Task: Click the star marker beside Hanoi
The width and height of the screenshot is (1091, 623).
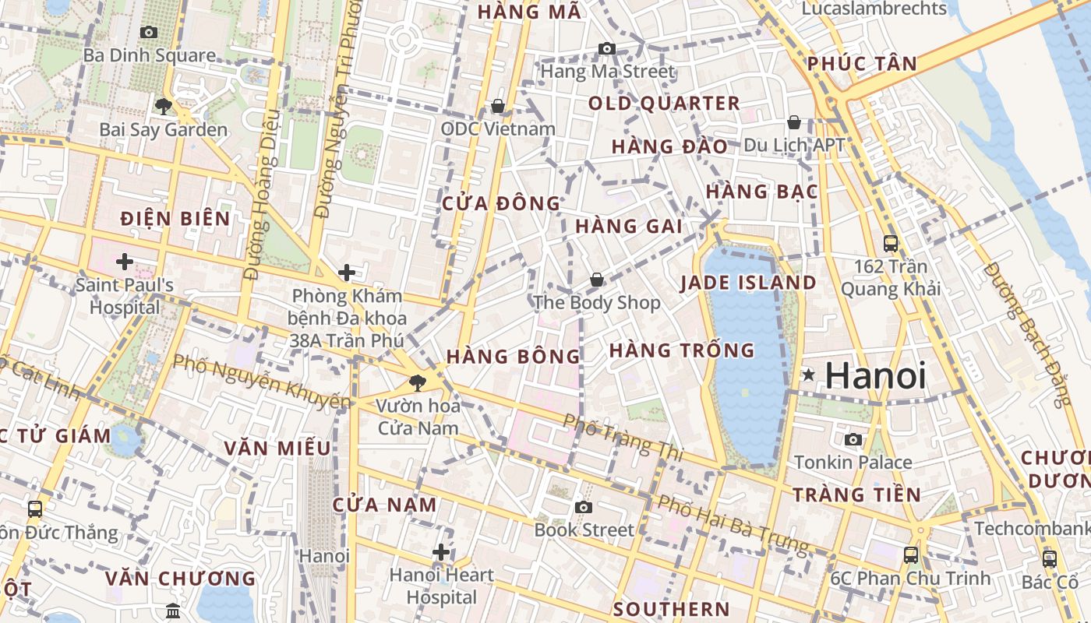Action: tap(809, 375)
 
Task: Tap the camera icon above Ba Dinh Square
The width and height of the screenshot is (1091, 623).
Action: tap(148, 32)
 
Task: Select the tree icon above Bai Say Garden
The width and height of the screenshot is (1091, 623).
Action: tap(163, 106)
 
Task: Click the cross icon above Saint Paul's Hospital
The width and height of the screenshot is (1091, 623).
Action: tap(124, 261)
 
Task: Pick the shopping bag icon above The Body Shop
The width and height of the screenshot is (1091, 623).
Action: tap(596, 279)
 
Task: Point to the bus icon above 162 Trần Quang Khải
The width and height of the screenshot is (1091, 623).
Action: tap(890, 243)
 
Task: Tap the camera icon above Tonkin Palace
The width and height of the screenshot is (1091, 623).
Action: tap(853, 439)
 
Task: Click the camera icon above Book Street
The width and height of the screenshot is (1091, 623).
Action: tap(583, 507)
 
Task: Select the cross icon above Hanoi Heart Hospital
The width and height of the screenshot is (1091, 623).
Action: tap(441, 552)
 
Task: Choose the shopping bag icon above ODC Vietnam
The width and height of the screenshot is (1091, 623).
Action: tap(497, 105)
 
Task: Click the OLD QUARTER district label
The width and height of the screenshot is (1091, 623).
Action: tap(664, 103)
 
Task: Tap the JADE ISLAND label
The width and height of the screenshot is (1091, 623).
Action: tap(748, 283)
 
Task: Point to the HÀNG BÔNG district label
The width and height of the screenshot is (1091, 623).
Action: tap(514, 357)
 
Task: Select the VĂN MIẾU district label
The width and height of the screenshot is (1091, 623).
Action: tap(277, 448)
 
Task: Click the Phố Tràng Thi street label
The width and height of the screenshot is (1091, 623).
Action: tap(623, 436)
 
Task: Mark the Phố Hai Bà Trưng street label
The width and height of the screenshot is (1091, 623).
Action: tap(733, 525)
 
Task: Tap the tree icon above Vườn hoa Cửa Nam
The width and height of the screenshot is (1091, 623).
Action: tap(418, 382)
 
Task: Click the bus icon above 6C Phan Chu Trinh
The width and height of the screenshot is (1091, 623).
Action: tap(910, 554)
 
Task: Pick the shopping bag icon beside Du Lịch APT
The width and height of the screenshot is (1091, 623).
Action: tap(793, 122)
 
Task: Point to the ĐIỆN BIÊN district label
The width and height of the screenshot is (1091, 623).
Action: tap(175, 218)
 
